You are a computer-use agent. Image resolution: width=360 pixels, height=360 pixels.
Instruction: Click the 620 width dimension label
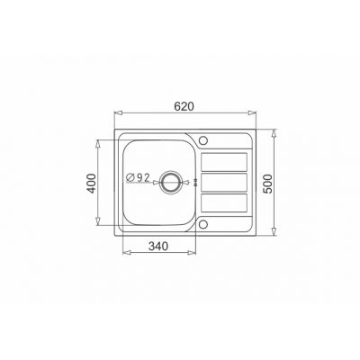click(x=184, y=106)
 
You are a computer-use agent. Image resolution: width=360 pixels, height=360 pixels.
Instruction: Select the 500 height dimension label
click(x=269, y=184)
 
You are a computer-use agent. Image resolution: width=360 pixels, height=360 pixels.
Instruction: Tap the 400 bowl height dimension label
click(x=92, y=184)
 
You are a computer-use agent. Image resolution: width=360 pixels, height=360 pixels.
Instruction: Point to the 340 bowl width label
click(x=158, y=247)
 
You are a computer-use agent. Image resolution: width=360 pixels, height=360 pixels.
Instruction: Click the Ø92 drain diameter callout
click(x=138, y=177)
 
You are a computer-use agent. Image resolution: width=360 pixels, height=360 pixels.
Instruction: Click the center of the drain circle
click(x=171, y=182)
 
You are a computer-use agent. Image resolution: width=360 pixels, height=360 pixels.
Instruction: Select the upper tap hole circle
click(x=203, y=140)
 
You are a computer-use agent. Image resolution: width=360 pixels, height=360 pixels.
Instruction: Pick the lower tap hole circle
click(x=203, y=224)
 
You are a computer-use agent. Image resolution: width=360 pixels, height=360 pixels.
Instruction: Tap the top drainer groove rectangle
click(x=224, y=162)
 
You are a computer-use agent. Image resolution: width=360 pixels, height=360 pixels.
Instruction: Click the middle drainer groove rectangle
click(x=224, y=183)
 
